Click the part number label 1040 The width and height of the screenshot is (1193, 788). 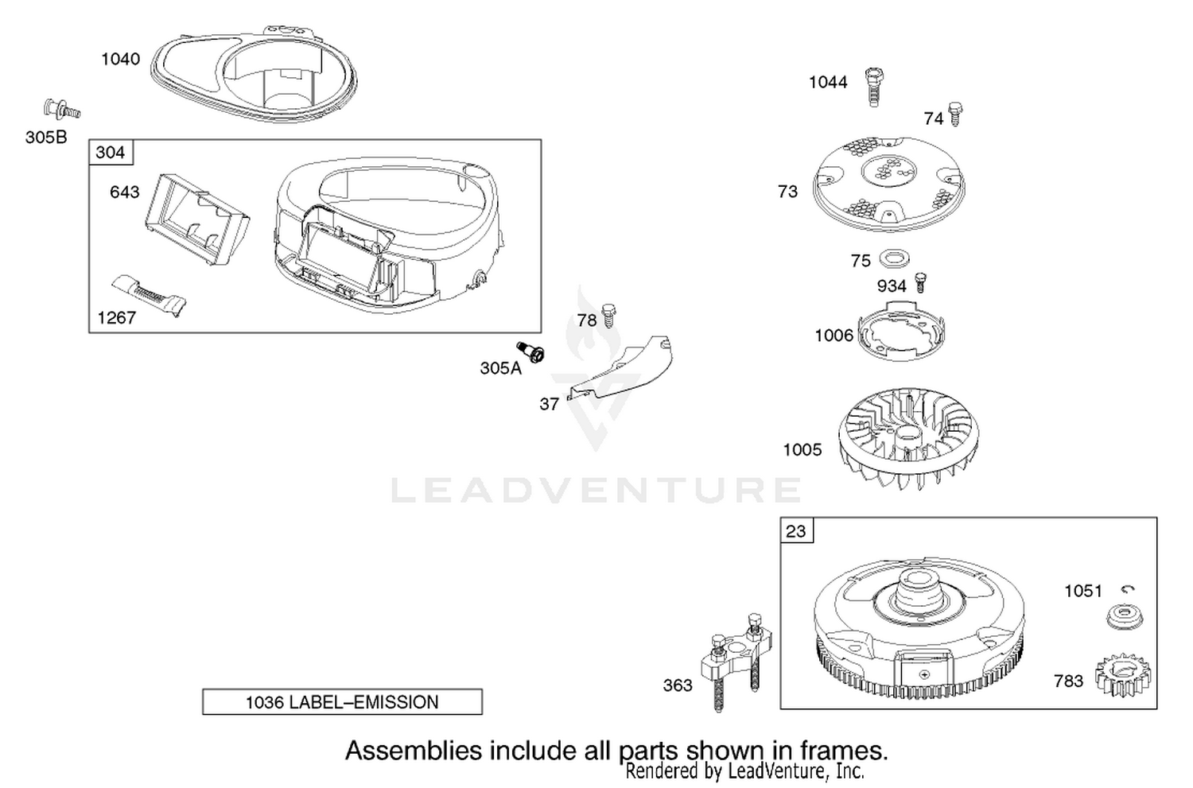(x=121, y=59)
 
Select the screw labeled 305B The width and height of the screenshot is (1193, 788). (x=62, y=110)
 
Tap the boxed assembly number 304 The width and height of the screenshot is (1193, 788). (x=111, y=153)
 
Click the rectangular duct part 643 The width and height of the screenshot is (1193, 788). (x=196, y=219)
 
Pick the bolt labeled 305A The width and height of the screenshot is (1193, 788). (x=531, y=351)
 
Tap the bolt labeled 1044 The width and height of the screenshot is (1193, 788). (x=872, y=87)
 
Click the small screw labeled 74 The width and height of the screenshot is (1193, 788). (x=955, y=114)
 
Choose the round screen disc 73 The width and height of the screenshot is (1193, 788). (x=889, y=184)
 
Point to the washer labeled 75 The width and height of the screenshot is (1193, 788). (x=894, y=258)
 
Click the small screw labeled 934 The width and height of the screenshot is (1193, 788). (x=920, y=282)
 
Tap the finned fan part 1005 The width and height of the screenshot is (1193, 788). (x=908, y=437)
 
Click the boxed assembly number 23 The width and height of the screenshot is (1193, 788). (x=797, y=531)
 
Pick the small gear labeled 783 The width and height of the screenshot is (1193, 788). (x=1123, y=677)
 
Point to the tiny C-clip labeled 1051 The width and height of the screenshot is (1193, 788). (x=1128, y=589)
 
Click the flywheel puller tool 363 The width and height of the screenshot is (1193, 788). (x=736, y=660)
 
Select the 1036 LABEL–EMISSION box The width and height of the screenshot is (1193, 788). (x=343, y=702)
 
